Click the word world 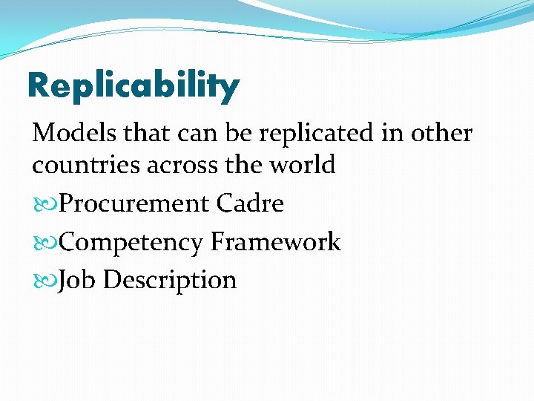(x=303, y=165)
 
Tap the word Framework (x=276, y=242)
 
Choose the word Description (x=170, y=281)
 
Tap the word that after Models (x=146, y=134)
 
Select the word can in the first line (x=196, y=134)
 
